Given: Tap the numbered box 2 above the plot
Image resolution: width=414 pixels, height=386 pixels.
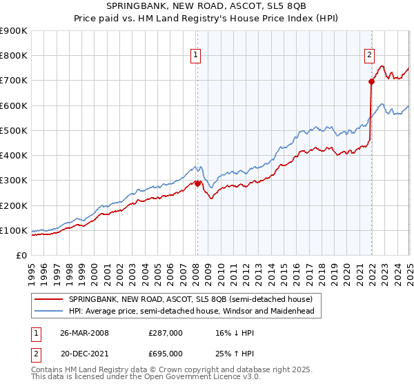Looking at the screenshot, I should point(370,56).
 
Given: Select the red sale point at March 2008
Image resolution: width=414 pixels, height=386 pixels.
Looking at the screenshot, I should point(197,183).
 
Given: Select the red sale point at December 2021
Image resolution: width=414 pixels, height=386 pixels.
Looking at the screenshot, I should point(371,81).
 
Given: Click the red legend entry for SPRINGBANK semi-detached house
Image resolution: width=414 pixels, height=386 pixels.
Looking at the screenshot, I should point(190,299).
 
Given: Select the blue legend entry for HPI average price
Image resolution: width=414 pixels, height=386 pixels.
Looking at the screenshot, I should point(191,312).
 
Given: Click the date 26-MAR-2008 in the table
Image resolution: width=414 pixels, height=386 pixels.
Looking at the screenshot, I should point(84,333).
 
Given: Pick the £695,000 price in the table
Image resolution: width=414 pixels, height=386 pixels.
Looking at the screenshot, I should point(166,354).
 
